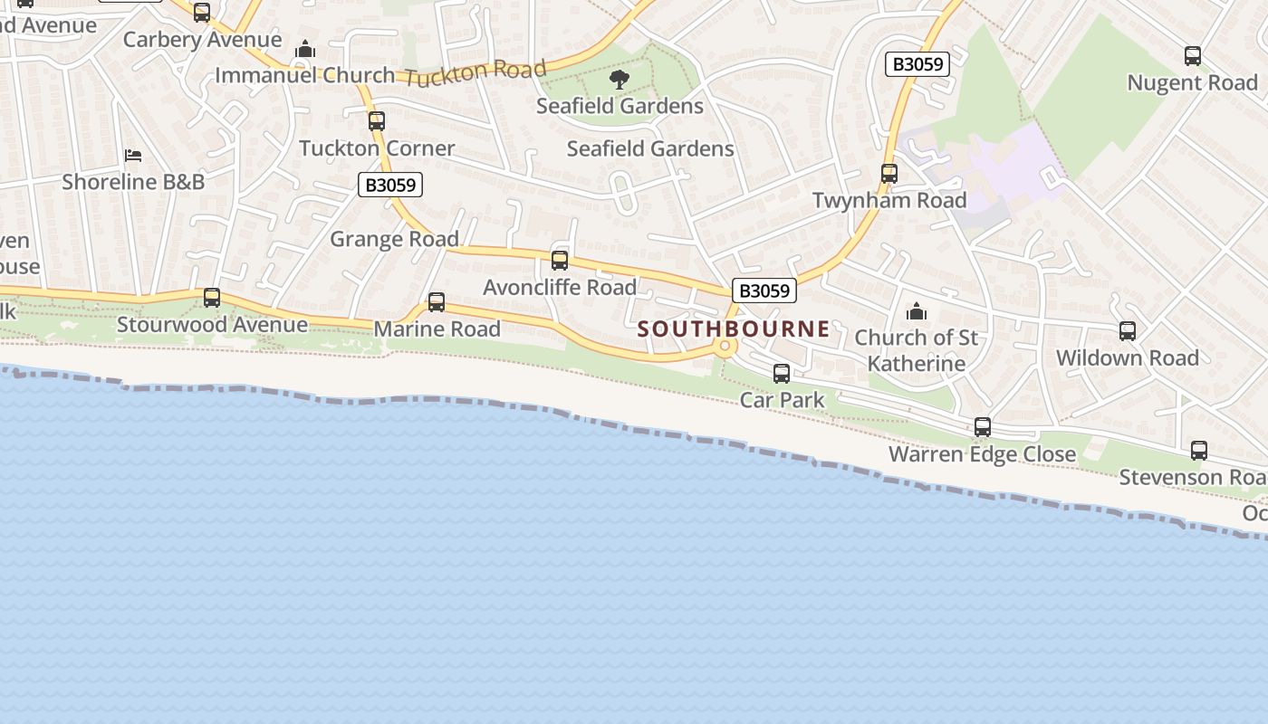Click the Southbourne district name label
click(733, 329)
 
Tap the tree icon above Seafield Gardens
click(620, 80)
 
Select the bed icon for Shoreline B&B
click(133, 156)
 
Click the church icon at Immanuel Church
click(306, 49)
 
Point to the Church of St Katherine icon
click(917, 312)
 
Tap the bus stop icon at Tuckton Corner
click(377, 120)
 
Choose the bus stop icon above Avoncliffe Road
click(560, 261)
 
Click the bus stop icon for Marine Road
click(437, 302)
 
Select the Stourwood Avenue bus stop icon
click(212, 297)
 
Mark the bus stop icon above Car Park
click(782, 373)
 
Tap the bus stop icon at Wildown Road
click(1128, 331)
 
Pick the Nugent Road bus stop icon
click(1193, 56)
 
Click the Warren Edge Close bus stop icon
click(983, 427)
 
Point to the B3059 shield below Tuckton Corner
click(391, 186)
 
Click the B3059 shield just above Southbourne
click(764, 291)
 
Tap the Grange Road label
click(394, 239)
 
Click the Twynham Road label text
click(889, 200)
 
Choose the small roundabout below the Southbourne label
click(725, 347)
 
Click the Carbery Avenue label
click(202, 40)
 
